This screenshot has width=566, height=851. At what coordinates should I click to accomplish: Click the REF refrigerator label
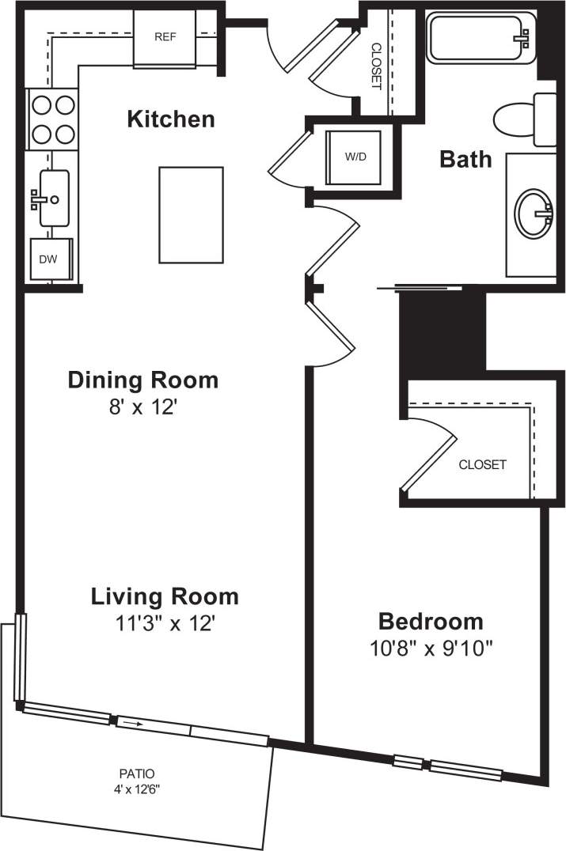(165, 37)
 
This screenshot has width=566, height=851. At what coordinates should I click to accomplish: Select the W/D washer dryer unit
(355, 157)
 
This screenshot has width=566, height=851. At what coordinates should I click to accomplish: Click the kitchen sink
(51, 199)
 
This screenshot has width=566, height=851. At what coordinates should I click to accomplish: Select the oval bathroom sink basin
(534, 212)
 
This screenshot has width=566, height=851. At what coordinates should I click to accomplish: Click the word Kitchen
(171, 119)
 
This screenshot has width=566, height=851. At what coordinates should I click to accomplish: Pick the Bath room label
(465, 160)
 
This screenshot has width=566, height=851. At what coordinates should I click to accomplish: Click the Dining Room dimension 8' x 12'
(142, 409)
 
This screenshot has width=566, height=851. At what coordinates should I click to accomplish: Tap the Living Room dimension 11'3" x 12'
(164, 624)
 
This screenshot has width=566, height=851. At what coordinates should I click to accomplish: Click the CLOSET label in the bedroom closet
(482, 465)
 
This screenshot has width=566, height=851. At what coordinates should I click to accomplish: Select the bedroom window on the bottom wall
(448, 766)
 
